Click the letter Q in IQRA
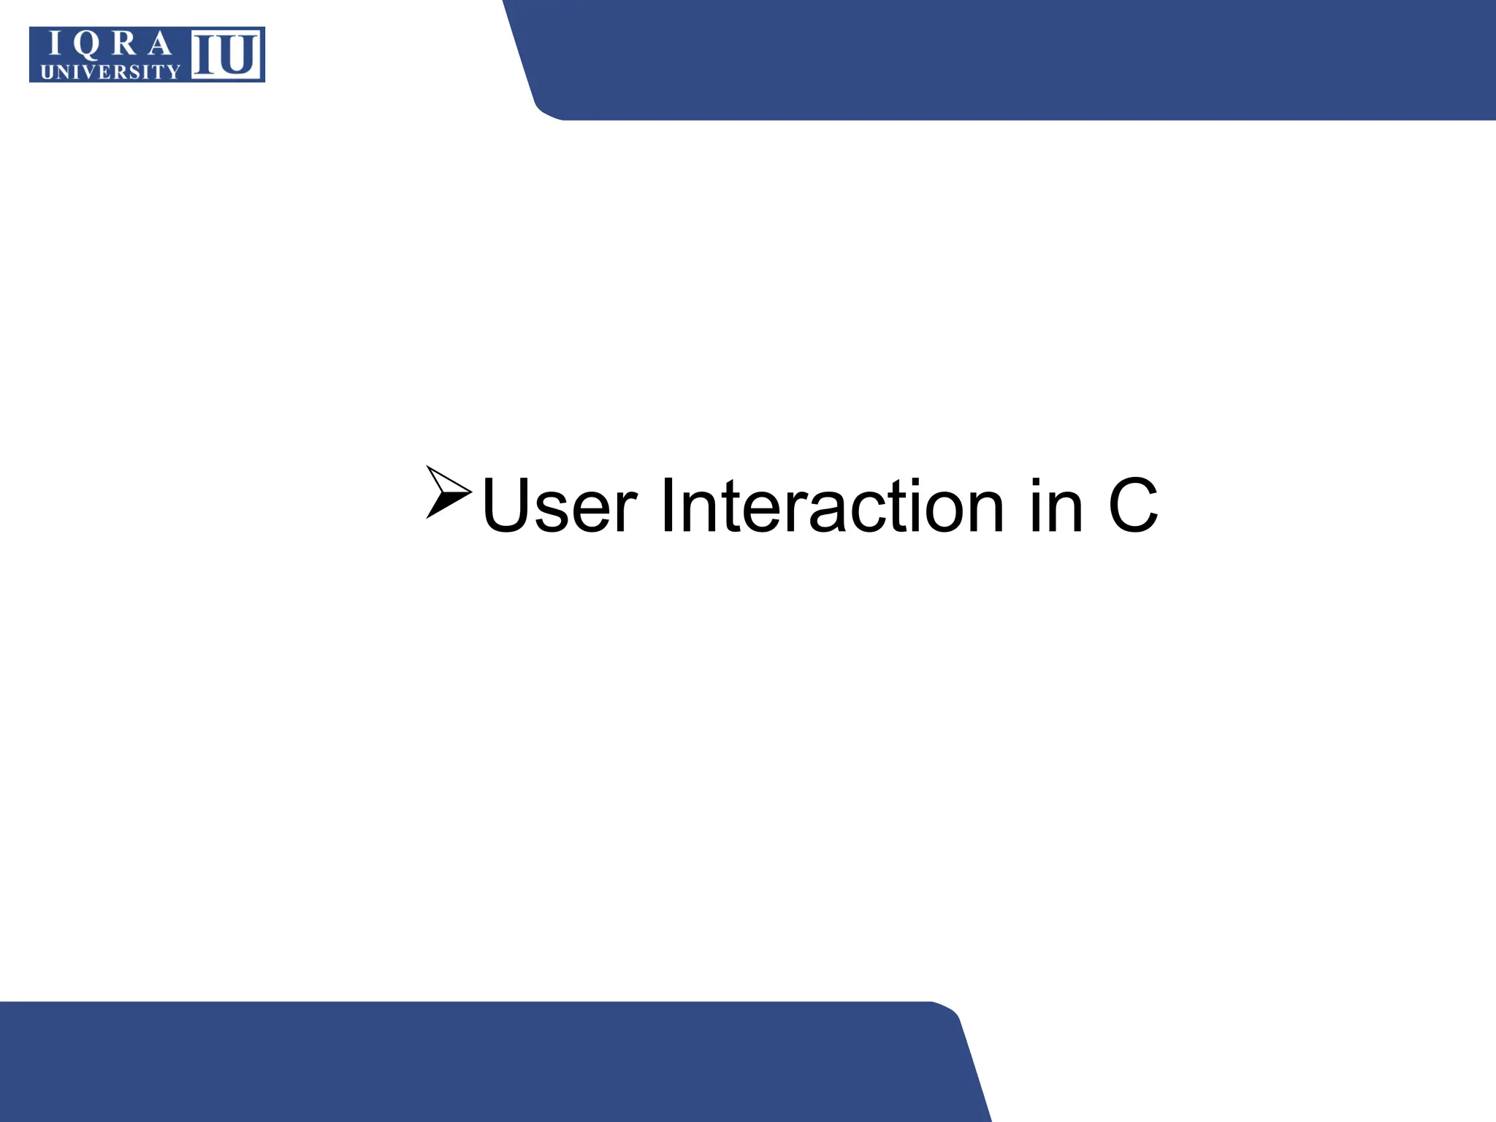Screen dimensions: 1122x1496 click(x=85, y=46)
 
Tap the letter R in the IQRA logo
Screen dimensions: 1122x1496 click(x=123, y=45)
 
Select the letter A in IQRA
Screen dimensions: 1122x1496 click(x=159, y=45)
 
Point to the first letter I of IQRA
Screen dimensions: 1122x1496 click(x=53, y=45)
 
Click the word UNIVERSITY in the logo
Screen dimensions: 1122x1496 click(x=110, y=72)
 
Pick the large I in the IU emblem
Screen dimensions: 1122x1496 click(x=203, y=54)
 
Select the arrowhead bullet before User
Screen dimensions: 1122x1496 click(x=447, y=492)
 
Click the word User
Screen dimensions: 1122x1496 click(x=560, y=505)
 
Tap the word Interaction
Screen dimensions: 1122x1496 click(x=833, y=505)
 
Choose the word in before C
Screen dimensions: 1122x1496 click(x=1056, y=505)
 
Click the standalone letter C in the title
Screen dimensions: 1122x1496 click(x=1133, y=505)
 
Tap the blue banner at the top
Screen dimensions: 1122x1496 click(x=1023, y=58)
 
